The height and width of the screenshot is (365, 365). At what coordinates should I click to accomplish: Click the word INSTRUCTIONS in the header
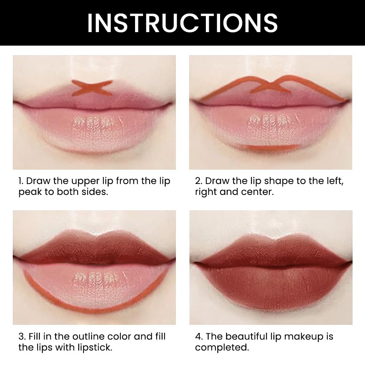tap(182, 23)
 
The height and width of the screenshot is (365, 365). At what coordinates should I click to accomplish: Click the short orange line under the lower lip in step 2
tap(270, 147)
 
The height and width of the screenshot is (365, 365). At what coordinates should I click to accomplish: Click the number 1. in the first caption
tap(22, 181)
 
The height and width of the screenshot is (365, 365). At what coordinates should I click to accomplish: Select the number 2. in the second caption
tap(199, 181)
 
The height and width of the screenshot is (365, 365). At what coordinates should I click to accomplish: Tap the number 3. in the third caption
tap(22, 337)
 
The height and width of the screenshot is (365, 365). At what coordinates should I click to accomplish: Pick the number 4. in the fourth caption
tap(199, 337)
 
